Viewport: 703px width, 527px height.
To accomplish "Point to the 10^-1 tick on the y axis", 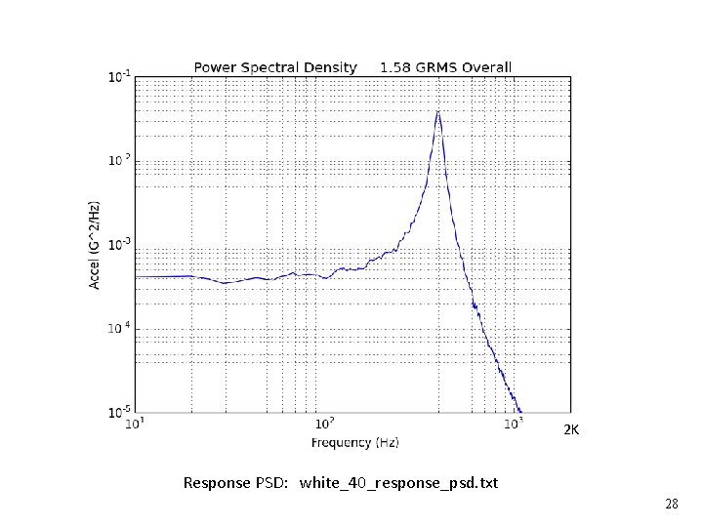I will click(x=119, y=76).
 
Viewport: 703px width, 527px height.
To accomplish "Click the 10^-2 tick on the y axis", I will click(x=119, y=160).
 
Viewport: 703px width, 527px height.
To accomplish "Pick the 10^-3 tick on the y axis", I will click(x=119, y=244).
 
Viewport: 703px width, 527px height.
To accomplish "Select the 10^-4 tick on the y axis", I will click(x=119, y=329).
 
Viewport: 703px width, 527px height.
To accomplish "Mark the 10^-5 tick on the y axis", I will click(x=119, y=413).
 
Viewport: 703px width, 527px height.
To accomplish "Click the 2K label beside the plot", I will click(x=572, y=429).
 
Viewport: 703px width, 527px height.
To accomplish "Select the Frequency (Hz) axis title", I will click(x=355, y=443).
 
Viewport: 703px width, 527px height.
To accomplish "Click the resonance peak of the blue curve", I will click(x=438, y=110).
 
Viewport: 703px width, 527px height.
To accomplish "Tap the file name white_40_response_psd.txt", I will click(x=398, y=483).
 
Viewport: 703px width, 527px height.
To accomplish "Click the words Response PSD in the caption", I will click(x=235, y=483).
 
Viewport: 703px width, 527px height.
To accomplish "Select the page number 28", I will click(x=671, y=505).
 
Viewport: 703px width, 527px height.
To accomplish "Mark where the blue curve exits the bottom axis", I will click(x=521, y=412).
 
